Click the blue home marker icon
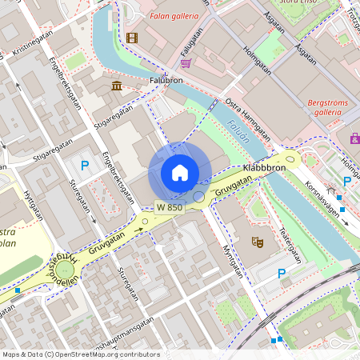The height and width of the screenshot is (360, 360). [180, 173]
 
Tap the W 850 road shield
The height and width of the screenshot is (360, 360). [170, 207]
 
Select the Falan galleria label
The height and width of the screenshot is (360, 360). [173, 16]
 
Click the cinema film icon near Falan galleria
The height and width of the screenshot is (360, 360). [132, 37]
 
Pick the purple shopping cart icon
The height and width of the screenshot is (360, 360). [186, 63]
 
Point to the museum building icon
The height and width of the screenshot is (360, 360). [117, 86]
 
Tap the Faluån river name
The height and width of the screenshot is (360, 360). [238, 129]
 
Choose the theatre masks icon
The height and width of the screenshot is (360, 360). [258, 241]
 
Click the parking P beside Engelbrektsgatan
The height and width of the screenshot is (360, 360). [84, 166]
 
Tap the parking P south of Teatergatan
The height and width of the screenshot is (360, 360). [281, 274]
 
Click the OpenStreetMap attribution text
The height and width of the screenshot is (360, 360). [81, 354]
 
